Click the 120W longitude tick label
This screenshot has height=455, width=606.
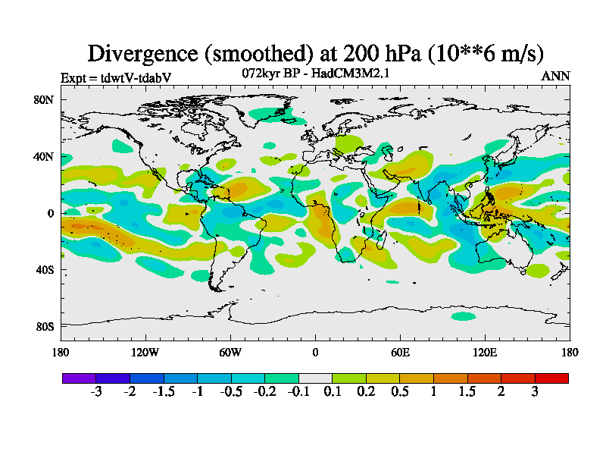pyautogui.click(x=145, y=352)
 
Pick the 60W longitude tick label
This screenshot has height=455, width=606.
pyautogui.click(x=230, y=352)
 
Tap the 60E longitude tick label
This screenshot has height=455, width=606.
pyautogui.click(x=400, y=352)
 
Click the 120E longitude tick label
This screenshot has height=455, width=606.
pyautogui.click(x=485, y=352)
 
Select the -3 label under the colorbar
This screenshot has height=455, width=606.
pyautogui.click(x=96, y=391)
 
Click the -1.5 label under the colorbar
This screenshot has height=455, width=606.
pyautogui.click(x=164, y=391)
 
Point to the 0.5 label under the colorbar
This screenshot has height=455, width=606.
pyautogui.click(x=400, y=391)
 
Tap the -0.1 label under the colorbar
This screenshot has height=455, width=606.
pyautogui.click(x=298, y=391)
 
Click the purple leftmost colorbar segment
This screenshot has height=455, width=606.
pyautogui.click(x=79, y=378)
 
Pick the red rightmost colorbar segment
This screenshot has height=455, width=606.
pyautogui.click(x=551, y=378)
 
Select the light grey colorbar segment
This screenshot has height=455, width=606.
pyautogui.click(x=315, y=378)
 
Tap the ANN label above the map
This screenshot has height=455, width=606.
pyautogui.click(x=555, y=77)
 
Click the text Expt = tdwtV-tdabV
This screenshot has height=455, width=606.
pyautogui.click(x=116, y=77)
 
